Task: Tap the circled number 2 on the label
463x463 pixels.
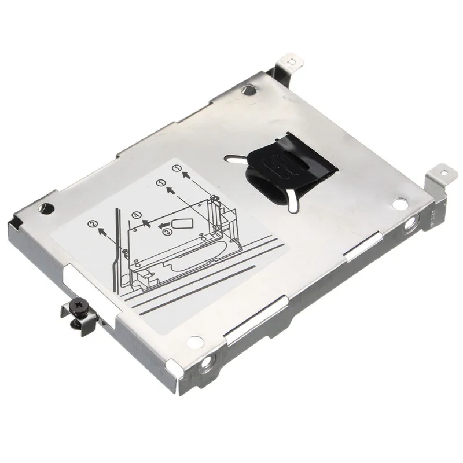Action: [92, 223]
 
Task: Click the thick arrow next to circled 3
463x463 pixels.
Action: [166, 222]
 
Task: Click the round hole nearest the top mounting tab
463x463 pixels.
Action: [249, 90]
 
